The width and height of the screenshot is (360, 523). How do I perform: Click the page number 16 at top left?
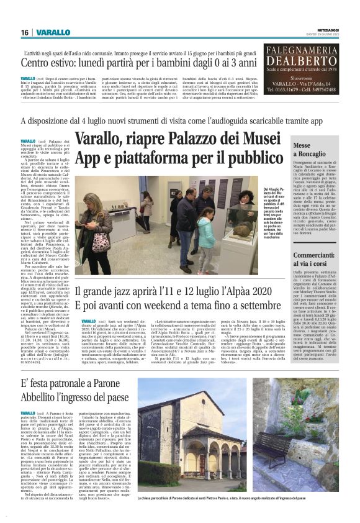tap(24, 32)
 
